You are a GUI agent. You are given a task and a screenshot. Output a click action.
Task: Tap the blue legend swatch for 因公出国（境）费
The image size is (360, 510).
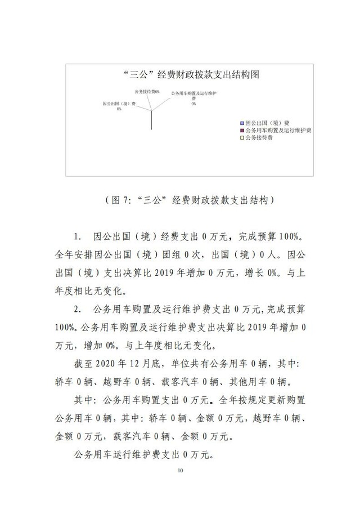point(242,122)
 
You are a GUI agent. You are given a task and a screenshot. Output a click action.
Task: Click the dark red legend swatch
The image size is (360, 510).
point(242,129)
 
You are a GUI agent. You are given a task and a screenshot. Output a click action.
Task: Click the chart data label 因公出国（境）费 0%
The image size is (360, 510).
point(119,106)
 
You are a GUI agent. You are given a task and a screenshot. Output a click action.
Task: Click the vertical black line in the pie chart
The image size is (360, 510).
point(152,119)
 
